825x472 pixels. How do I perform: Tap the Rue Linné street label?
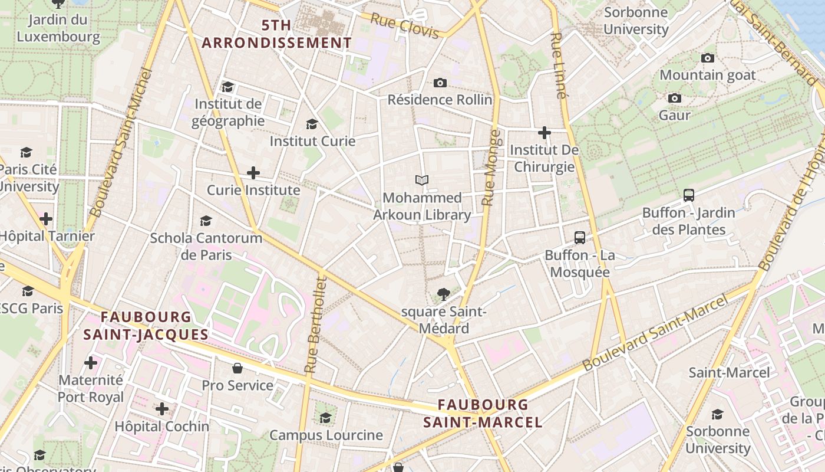point(558,65)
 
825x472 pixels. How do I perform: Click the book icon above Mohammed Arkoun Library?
point(422,180)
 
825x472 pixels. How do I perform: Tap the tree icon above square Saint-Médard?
point(443,294)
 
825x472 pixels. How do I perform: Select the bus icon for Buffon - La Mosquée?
point(580,238)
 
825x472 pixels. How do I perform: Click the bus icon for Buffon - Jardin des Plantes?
point(688,195)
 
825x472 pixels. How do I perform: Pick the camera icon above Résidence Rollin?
point(440,83)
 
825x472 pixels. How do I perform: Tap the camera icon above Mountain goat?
point(707,58)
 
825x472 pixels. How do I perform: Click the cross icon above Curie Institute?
point(253,173)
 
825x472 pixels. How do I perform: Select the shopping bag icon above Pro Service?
point(237,368)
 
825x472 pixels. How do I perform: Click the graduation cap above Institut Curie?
point(312,124)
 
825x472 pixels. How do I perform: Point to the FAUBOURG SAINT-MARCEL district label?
point(483,413)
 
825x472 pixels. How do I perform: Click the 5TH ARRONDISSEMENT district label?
point(277,34)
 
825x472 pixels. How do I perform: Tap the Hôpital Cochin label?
point(162,426)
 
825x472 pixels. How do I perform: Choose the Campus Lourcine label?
point(326,435)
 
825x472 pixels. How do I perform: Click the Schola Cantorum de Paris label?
point(206,246)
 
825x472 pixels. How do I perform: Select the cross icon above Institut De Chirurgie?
point(544,133)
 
